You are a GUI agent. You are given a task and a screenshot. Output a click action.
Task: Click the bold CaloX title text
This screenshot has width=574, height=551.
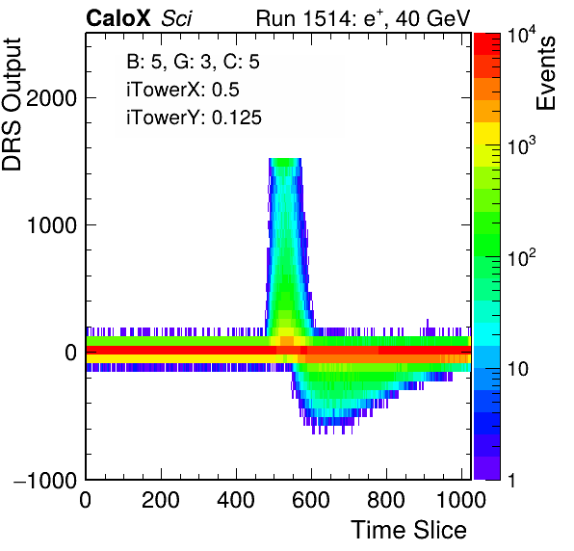118,18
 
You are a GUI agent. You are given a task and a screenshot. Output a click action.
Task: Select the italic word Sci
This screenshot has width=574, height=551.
176,18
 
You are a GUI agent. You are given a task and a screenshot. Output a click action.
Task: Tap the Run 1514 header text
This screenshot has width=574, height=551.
362,18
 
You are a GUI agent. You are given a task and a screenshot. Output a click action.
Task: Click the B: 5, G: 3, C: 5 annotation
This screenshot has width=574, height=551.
193,61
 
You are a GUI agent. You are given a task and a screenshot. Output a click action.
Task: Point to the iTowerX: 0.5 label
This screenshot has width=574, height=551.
183,90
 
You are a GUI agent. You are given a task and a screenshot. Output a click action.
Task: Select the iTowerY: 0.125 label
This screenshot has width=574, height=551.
194,118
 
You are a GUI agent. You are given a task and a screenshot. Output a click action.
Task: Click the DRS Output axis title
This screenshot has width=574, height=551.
12,104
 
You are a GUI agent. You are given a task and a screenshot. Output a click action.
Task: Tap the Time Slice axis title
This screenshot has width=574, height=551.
408,530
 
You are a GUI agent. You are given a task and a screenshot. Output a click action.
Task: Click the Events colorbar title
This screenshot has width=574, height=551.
545,73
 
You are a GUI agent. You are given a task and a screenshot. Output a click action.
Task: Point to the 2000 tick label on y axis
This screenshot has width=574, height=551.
51,98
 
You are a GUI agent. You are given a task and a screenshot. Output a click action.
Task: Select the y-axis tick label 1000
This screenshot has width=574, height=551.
51,225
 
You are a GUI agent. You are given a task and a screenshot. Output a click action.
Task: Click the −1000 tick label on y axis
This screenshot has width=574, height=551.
45,480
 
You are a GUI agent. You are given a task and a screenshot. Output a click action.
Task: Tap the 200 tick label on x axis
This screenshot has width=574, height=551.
160,500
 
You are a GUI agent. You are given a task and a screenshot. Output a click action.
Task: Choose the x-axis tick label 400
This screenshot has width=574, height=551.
236,500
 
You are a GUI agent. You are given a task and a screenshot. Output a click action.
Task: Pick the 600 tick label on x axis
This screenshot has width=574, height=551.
311,500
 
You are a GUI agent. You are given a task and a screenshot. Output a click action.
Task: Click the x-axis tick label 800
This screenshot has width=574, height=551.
386,500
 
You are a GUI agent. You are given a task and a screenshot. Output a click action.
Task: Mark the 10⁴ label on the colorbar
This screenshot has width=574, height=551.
522,37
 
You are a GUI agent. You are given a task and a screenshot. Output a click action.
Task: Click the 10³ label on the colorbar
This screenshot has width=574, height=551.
522,146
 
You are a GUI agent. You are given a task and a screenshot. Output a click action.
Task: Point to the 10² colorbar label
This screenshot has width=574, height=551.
522,257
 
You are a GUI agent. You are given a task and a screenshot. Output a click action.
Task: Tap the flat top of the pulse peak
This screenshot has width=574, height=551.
285,160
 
